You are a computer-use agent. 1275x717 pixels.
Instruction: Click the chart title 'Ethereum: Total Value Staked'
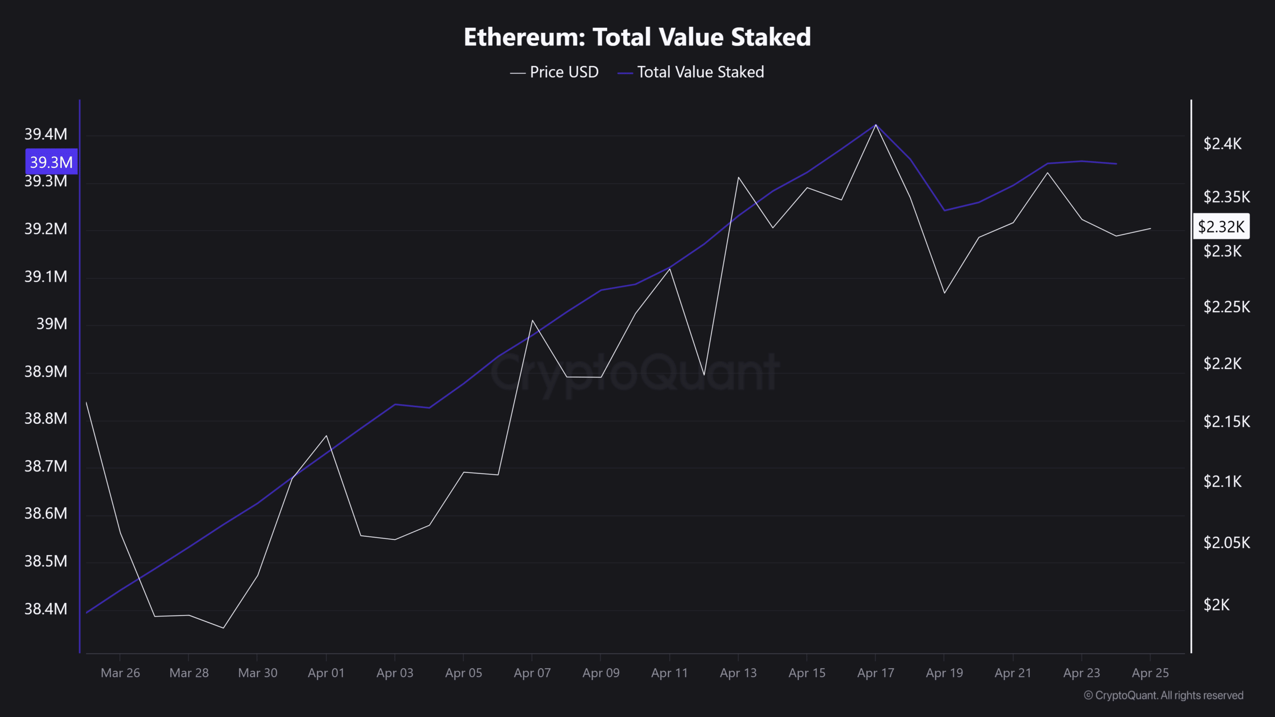637,37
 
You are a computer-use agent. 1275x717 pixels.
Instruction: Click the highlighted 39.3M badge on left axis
51,162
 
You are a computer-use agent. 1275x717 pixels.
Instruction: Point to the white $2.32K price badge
1221,227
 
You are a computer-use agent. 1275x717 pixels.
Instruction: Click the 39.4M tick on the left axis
46,134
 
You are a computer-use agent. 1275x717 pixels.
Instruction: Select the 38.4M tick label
46,608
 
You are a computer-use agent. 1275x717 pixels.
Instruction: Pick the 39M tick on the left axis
51,324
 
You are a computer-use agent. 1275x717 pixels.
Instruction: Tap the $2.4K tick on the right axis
1222,144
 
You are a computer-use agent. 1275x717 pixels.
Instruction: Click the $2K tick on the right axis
1216,604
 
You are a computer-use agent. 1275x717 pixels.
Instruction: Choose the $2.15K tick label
1226,422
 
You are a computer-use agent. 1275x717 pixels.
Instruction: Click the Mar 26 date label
120,673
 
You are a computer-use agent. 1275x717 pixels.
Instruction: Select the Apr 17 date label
876,673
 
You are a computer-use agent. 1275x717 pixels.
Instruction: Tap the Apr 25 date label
1150,673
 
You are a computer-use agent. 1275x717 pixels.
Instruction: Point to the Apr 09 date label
601,673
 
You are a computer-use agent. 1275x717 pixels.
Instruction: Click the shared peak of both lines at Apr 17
876,124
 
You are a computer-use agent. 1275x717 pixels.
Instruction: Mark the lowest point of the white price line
223,628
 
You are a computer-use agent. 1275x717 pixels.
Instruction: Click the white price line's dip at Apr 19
944,293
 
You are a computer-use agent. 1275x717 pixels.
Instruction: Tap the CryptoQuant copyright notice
1163,695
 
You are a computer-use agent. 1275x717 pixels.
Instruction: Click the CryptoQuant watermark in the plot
635,372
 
